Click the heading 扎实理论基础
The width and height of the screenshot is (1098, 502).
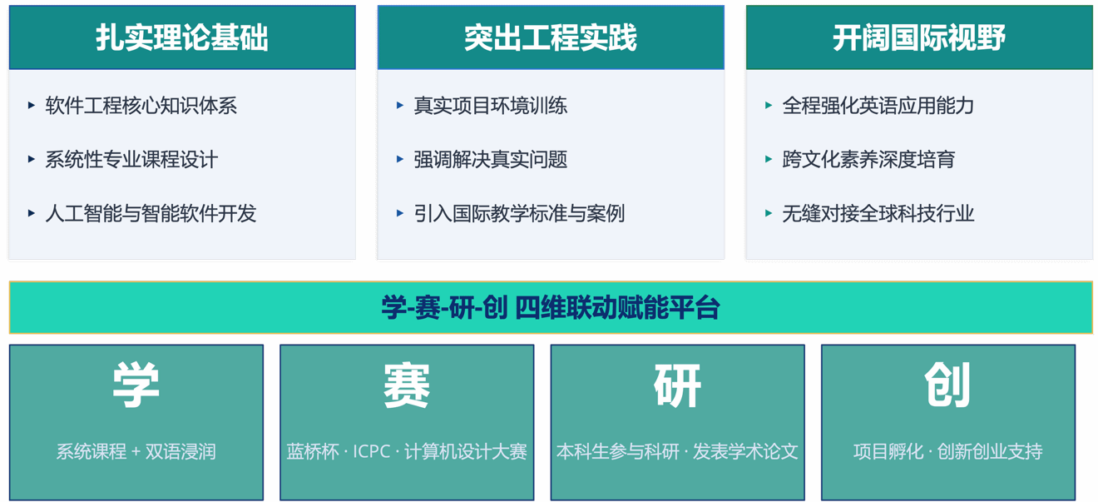click(182, 37)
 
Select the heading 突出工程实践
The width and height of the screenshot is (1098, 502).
click(551, 37)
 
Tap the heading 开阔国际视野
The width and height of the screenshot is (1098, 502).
click(919, 37)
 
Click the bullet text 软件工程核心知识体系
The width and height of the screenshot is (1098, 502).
click(141, 106)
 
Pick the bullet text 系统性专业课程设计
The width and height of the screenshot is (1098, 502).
click(131, 160)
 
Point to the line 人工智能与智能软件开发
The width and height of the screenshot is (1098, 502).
click(151, 213)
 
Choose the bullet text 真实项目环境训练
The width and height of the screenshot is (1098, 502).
click(490, 106)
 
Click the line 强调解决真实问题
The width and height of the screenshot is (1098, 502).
click(490, 160)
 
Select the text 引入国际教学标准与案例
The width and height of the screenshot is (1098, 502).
click(519, 213)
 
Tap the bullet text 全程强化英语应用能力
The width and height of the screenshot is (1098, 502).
click(878, 106)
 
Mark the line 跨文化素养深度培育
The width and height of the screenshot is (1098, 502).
click(868, 160)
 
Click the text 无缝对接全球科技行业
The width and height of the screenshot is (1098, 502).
click(878, 213)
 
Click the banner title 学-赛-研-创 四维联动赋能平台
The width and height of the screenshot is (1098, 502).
click(551, 308)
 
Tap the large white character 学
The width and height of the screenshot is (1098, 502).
click(136, 385)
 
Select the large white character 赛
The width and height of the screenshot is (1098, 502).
click(407, 385)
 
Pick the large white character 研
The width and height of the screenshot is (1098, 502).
click(677, 385)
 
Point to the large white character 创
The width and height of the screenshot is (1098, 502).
click(947, 385)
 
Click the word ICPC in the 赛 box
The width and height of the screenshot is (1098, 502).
click(372, 451)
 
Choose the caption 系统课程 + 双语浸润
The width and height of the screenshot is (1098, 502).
click(136, 451)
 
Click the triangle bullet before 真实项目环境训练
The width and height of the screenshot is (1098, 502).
click(399, 105)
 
